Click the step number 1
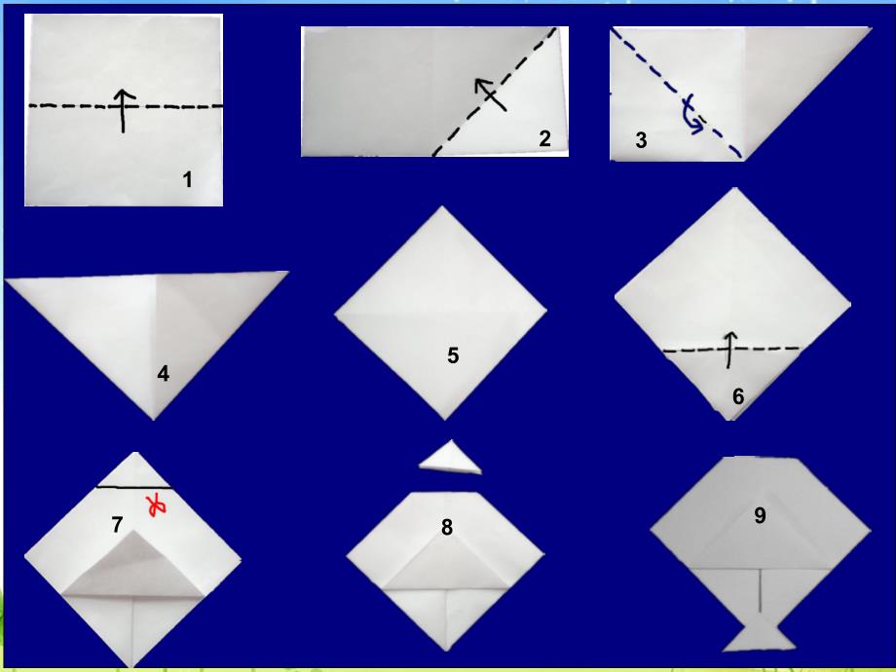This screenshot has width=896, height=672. [x=187, y=180]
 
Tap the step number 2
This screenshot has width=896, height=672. [x=545, y=138]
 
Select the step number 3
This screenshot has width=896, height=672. [x=641, y=140]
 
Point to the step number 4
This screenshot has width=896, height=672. [x=163, y=374]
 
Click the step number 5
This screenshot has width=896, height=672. [x=453, y=355]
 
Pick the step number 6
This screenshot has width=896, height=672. [x=738, y=396]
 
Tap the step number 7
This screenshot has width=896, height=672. [x=117, y=524]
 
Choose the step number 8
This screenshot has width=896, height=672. [x=447, y=528]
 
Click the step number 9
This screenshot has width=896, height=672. [x=760, y=515]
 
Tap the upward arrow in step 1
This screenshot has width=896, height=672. [x=123, y=111]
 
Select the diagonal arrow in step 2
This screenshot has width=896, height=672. [x=490, y=94]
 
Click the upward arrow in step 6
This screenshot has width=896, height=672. [x=729, y=349]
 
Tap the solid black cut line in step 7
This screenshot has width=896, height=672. [x=133, y=487]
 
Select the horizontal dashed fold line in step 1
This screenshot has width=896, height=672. [x=126, y=106]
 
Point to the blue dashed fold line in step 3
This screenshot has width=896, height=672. [x=677, y=94]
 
